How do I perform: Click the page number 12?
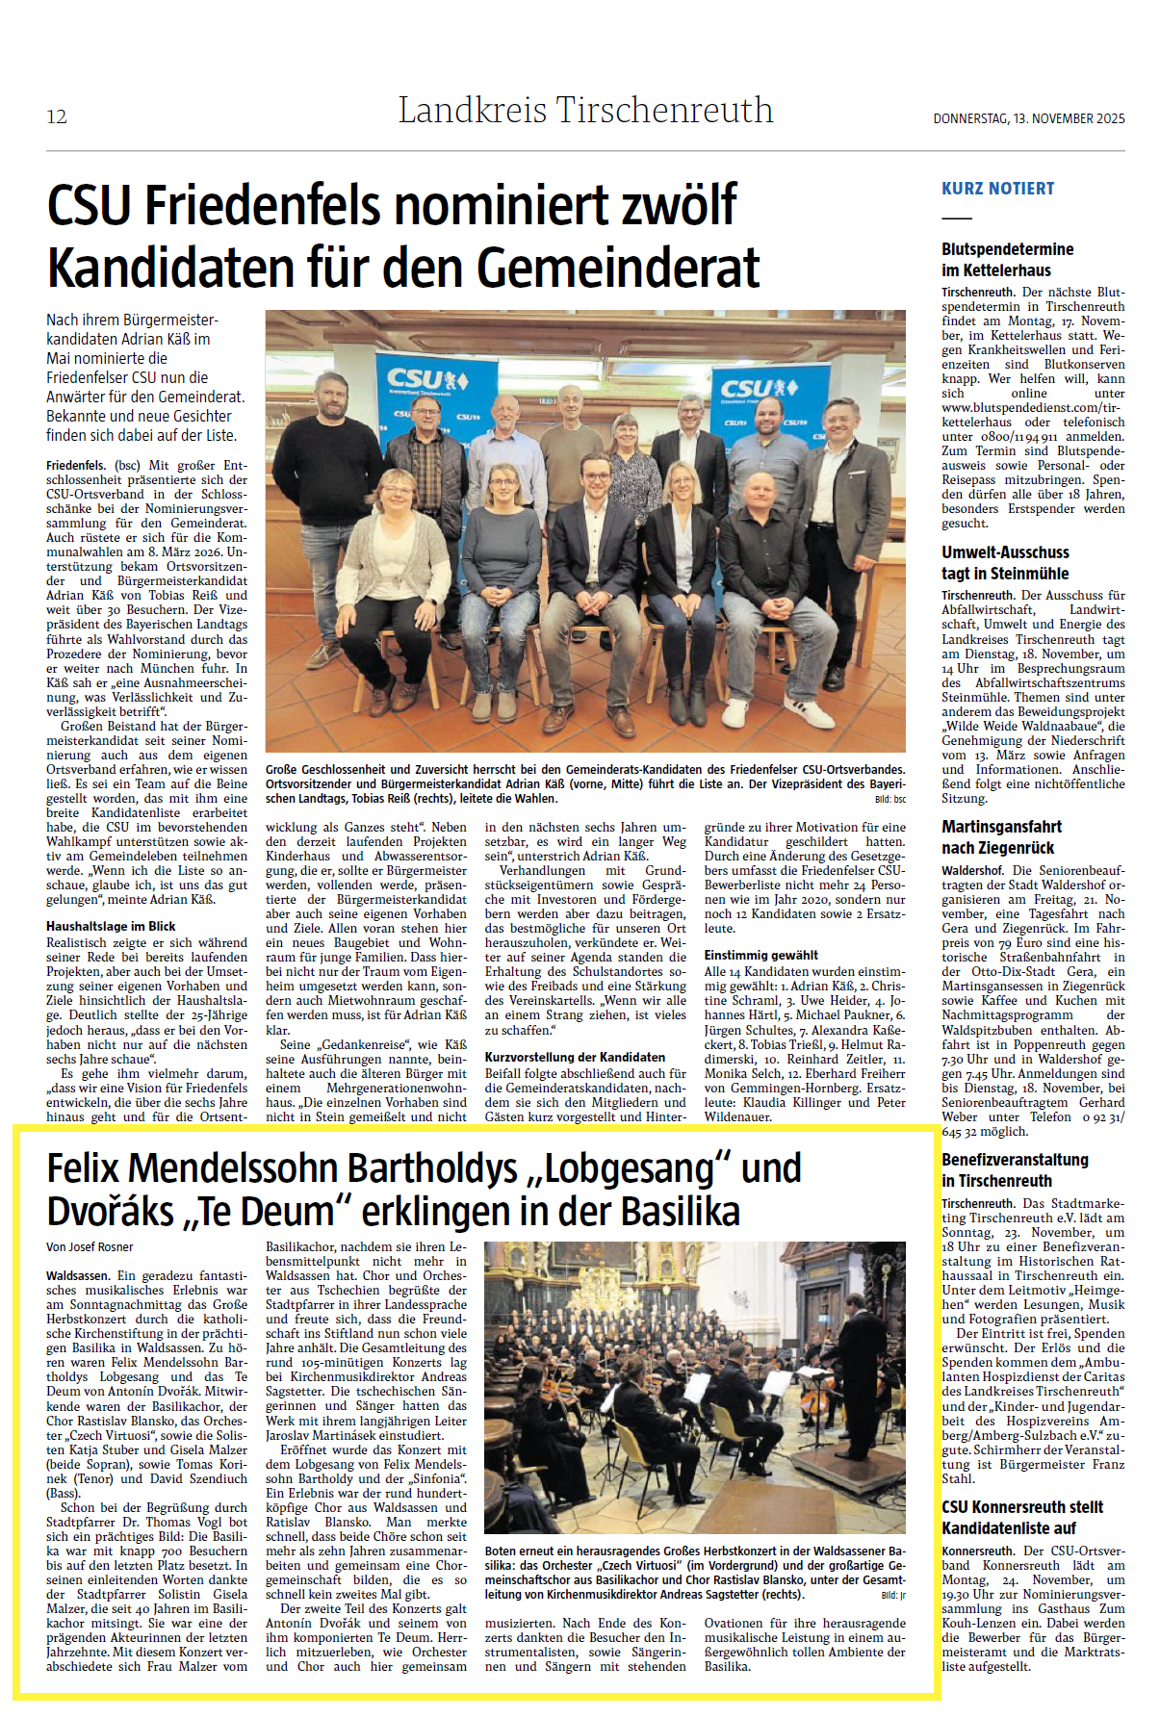click(57, 116)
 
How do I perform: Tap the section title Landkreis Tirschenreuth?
click(585, 111)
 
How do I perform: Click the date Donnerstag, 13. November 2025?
click(1028, 118)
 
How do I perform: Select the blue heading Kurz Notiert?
click(997, 189)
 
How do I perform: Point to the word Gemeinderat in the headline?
click(617, 268)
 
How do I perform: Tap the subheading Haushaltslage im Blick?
click(111, 926)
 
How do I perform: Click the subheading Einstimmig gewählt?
click(760, 955)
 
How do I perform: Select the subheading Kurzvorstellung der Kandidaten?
click(575, 1056)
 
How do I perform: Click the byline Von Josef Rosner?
click(90, 1246)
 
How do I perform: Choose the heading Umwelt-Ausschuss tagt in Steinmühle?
click(1005, 563)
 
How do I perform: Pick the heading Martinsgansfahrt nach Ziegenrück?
click(1001, 837)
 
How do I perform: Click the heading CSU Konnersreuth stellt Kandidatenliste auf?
click(1021, 1517)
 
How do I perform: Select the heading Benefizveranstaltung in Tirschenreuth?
click(1015, 1170)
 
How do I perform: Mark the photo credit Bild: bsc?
click(889, 799)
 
